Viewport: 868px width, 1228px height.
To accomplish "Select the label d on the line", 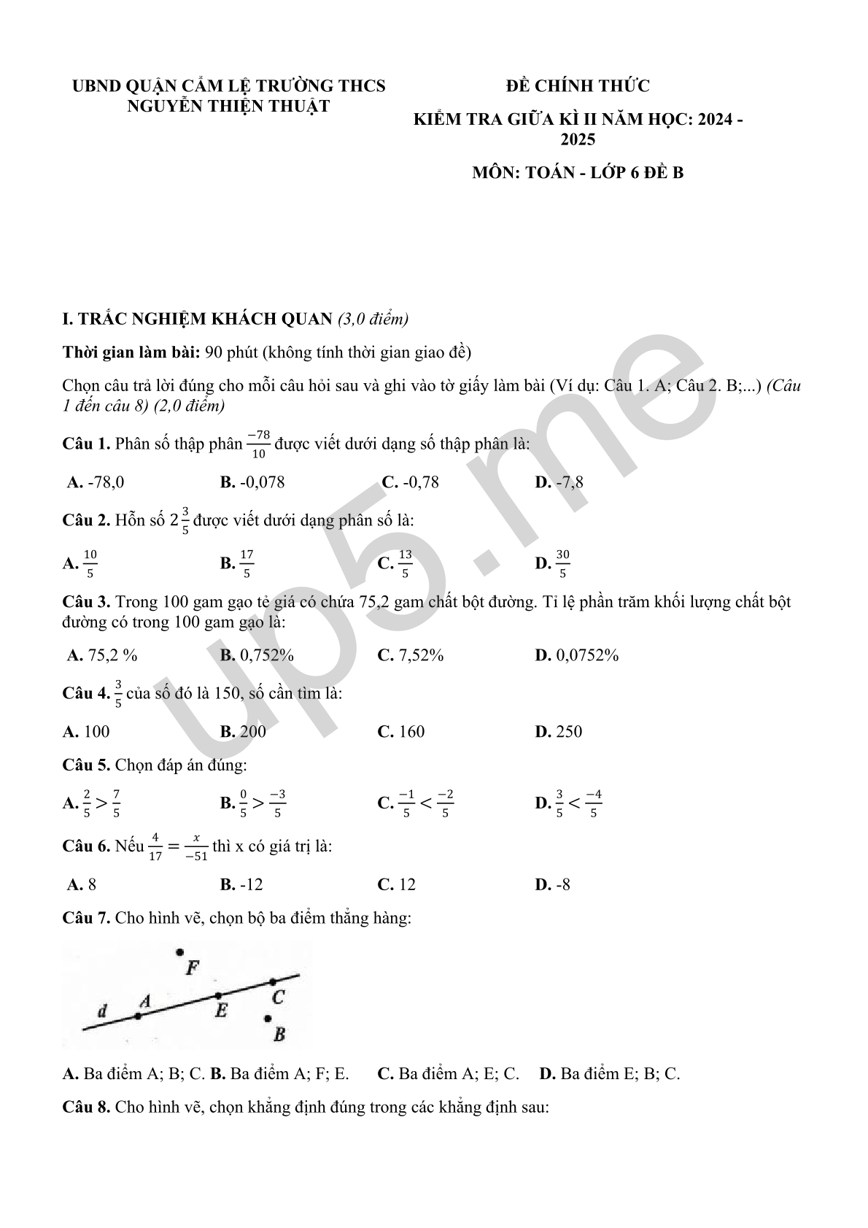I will [x=102, y=1011].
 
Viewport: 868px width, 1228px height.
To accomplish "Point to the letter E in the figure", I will [x=221, y=1011].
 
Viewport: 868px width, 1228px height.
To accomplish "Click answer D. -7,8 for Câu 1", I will [x=559, y=482].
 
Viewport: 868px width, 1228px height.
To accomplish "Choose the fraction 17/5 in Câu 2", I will [x=247, y=563].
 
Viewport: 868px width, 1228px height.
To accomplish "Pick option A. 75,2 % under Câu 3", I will [x=102, y=655].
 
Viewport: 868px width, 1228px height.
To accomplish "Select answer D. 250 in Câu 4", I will [x=559, y=732].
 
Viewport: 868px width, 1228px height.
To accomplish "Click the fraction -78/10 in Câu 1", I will [x=258, y=444].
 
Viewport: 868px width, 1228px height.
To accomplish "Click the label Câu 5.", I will [x=86, y=765].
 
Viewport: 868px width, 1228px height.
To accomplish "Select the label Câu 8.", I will [x=86, y=1107].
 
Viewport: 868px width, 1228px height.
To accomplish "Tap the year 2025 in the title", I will [x=578, y=139].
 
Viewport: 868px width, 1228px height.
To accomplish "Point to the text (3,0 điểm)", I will [x=373, y=319].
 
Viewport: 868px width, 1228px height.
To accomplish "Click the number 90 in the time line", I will [x=214, y=353].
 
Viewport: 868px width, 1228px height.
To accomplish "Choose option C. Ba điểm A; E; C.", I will [x=449, y=1073].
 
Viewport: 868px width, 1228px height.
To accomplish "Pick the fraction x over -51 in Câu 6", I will [x=196, y=847].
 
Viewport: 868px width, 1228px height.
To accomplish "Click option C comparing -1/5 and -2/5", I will [x=416, y=803].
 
